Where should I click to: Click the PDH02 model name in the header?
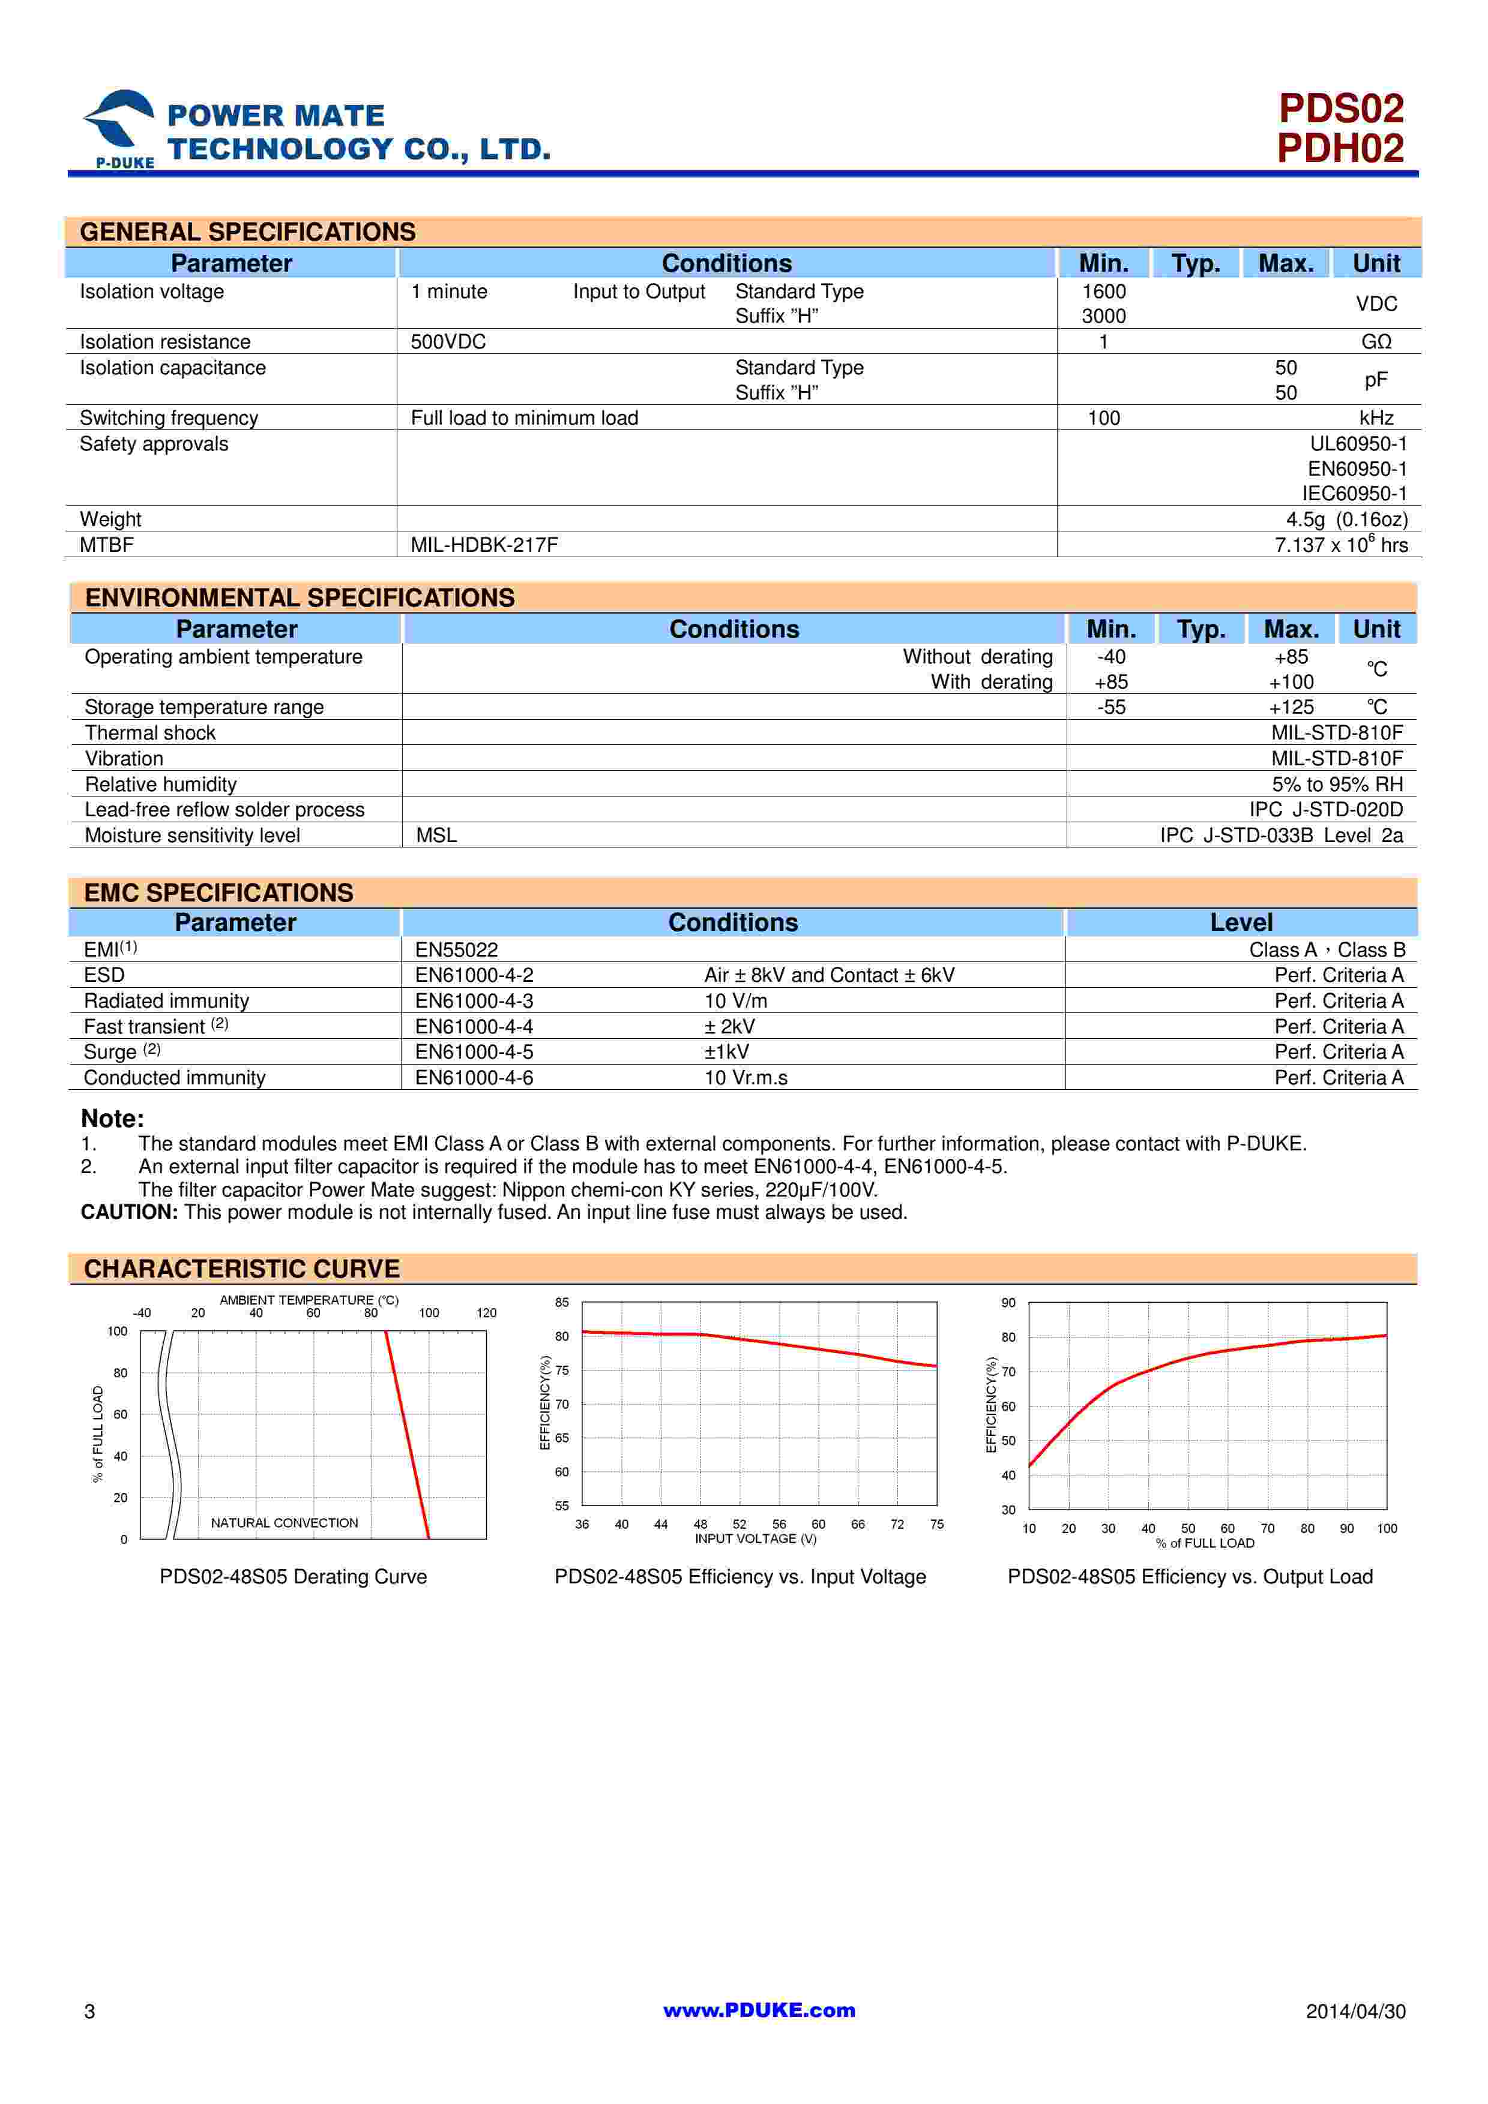pos(1340,149)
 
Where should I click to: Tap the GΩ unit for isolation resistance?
pos(1376,342)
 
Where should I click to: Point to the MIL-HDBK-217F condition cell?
pos(484,545)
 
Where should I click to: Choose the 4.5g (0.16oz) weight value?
pos(1346,519)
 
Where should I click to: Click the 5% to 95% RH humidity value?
pos(1337,785)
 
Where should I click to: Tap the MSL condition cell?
pos(436,835)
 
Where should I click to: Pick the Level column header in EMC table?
pos(1241,923)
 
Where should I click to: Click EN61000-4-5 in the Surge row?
pos(474,1052)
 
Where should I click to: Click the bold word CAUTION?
pos(129,1212)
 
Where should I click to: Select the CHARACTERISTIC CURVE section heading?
pos(242,1269)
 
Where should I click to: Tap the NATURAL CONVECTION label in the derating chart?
pos(284,1523)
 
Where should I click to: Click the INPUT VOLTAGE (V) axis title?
pos(756,1538)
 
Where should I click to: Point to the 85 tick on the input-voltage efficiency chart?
pos(562,1302)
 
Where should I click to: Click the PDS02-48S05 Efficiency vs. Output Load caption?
pos(1190,1577)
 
